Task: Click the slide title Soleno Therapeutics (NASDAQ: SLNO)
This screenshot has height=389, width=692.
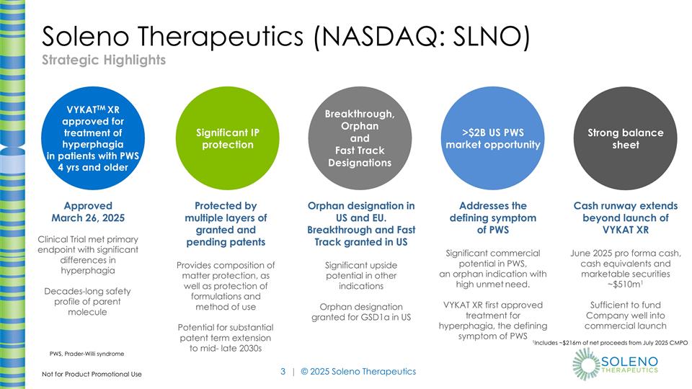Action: point(285,37)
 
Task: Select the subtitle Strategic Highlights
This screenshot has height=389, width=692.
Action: point(103,60)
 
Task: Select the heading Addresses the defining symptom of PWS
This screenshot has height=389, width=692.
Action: point(492,218)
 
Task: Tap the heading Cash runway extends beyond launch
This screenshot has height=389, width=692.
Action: point(625,218)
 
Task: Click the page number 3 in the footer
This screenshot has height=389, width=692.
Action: point(283,372)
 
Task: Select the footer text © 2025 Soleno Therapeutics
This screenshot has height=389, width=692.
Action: point(358,372)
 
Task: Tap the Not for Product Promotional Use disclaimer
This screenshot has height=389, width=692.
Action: point(92,375)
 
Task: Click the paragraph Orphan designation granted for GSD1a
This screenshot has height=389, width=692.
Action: point(360,311)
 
